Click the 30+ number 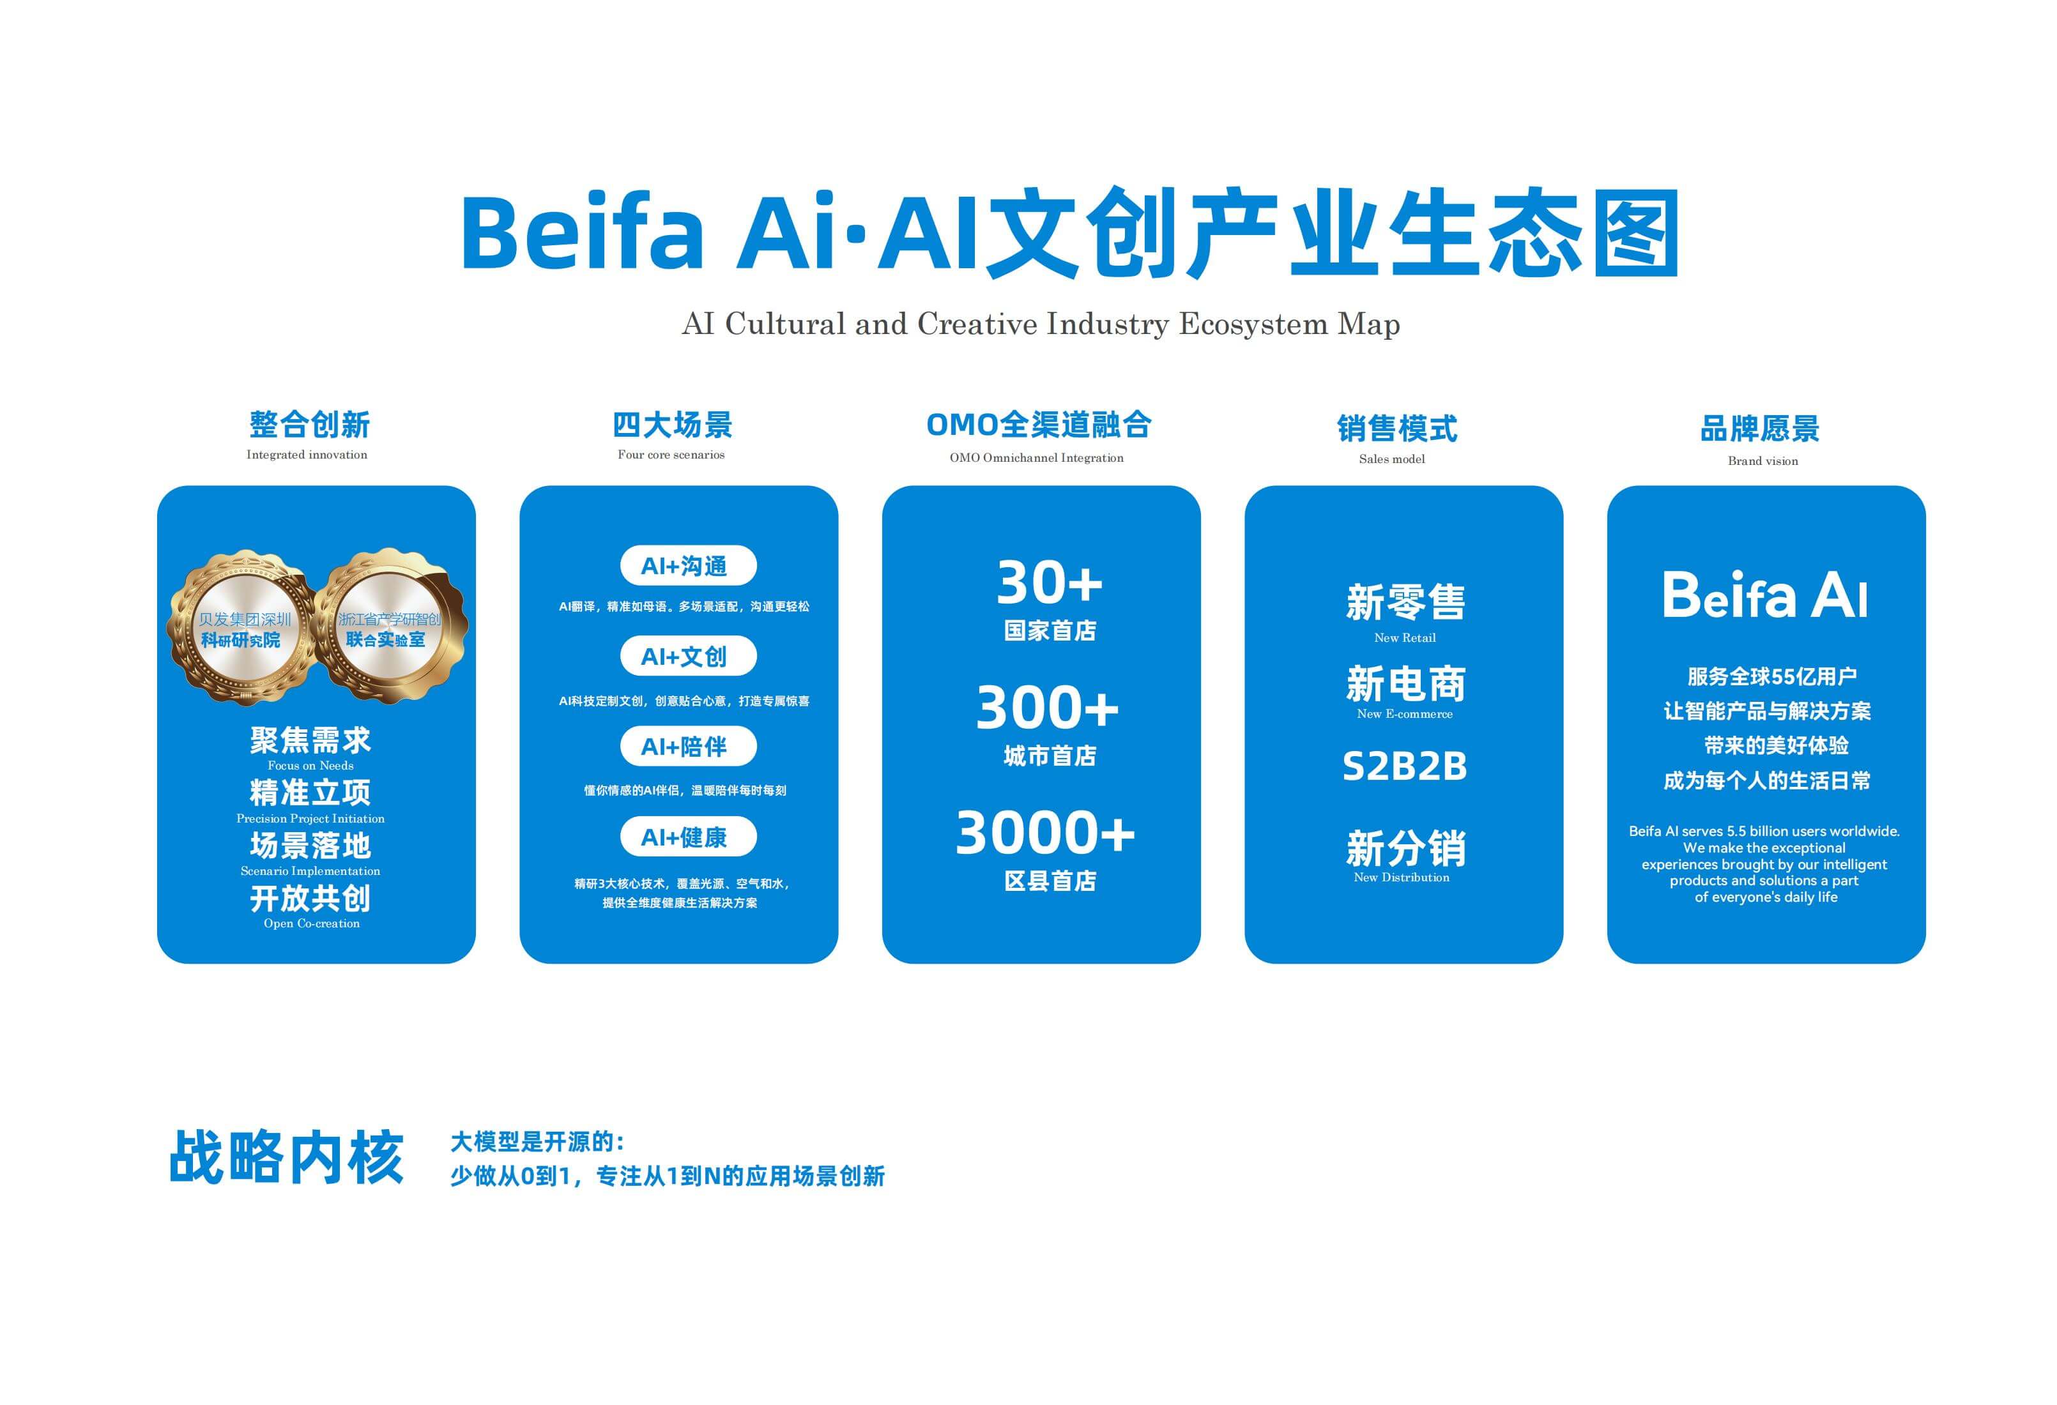(x=1050, y=582)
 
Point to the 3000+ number (x=1045, y=833)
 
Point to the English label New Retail (x=1405, y=638)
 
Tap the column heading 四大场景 (x=673, y=425)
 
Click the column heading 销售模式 (x=1396, y=429)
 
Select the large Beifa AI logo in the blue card (x=1765, y=595)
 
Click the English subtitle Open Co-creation (x=312, y=923)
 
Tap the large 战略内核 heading (x=287, y=1157)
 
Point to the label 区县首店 (x=1050, y=881)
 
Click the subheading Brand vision (x=1763, y=461)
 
